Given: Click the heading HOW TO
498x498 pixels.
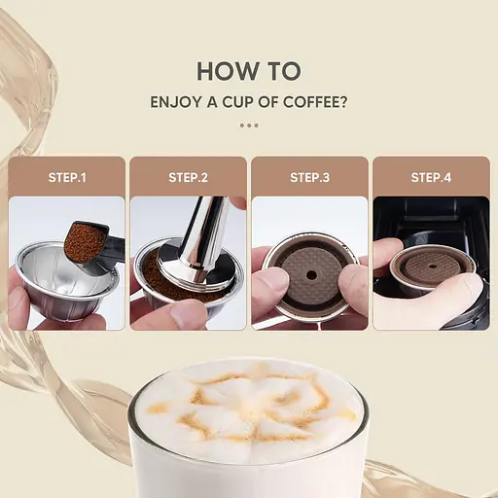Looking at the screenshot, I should (248, 71).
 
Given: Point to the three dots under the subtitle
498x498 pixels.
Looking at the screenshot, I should (249, 125).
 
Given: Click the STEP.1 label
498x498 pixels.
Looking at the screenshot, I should (68, 178).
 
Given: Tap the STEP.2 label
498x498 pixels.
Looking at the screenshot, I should (189, 178).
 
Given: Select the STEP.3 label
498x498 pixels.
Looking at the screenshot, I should (310, 178).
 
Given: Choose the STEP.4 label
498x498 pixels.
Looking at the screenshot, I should (431, 178).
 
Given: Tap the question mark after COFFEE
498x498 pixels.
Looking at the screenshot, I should (343, 101).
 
